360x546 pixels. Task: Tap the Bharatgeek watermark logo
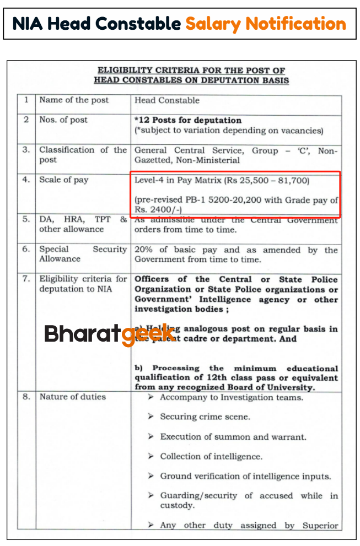pyautogui.click(x=110, y=333)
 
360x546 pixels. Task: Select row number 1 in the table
pyautogui.click(x=26, y=100)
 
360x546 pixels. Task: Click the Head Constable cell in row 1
pyautogui.click(x=167, y=100)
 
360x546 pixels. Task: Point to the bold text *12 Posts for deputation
pyautogui.click(x=188, y=120)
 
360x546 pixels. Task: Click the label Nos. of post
pyautogui.click(x=63, y=120)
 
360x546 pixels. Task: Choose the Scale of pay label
pyautogui.click(x=63, y=180)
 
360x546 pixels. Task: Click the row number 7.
pyautogui.click(x=26, y=279)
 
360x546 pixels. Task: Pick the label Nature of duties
pyautogui.click(x=72, y=397)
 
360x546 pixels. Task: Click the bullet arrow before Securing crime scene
pyautogui.click(x=151, y=417)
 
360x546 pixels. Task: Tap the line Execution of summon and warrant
pyautogui.click(x=233, y=437)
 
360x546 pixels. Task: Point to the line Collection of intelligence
pyautogui.click(x=211, y=457)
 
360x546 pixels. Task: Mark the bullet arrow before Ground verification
pyautogui.click(x=151, y=477)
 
